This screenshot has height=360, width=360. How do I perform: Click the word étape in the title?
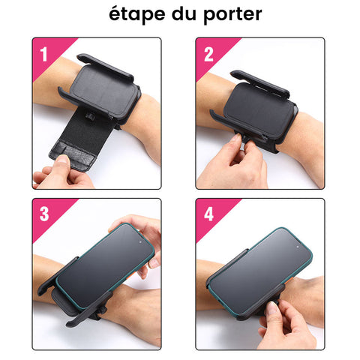(x=137, y=14)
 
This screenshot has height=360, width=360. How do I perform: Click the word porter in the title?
(x=232, y=15)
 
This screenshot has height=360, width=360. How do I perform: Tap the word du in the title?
(x=184, y=13)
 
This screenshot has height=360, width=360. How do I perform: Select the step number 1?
(x=44, y=54)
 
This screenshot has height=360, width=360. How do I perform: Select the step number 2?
(x=208, y=54)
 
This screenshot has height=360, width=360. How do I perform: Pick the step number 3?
(x=44, y=214)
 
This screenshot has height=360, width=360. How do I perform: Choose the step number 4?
(x=208, y=214)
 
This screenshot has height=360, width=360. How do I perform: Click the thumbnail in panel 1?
(x=63, y=159)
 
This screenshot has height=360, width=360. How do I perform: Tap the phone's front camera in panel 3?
(x=140, y=242)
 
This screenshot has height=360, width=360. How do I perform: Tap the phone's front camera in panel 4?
(x=298, y=247)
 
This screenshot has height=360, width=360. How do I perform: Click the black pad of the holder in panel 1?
(x=104, y=89)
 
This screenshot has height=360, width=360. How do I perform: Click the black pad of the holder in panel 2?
(x=260, y=110)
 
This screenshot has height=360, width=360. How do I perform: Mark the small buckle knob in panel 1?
(x=89, y=116)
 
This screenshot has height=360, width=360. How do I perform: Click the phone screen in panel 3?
(x=105, y=265)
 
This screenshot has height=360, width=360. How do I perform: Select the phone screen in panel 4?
(x=261, y=271)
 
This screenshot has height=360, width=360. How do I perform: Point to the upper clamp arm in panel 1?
(x=105, y=67)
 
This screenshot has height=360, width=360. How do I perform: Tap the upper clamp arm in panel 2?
(x=259, y=84)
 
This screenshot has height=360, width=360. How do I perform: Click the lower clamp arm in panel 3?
(x=88, y=310)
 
